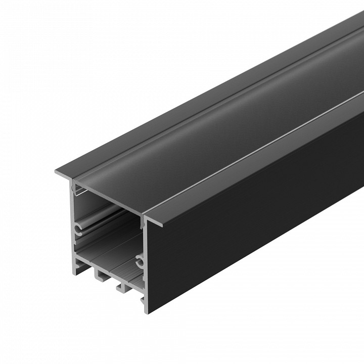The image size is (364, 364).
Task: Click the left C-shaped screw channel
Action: [x=79, y=228]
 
